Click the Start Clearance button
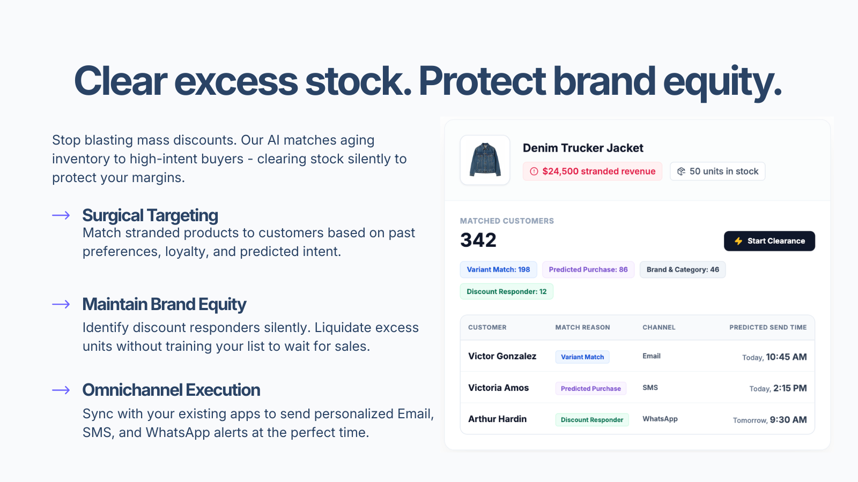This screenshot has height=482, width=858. point(769,241)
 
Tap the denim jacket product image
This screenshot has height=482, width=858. point(485,160)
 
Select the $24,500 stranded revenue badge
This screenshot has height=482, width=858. point(592,171)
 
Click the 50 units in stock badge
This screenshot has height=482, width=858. point(718,171)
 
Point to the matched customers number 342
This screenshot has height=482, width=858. point(478,240)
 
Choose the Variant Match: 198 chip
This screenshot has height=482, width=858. point(498,269)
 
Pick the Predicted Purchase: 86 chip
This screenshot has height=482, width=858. point(588,269)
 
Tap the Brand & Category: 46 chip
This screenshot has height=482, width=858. point(683,269)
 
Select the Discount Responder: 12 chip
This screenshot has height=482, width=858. point(506,291)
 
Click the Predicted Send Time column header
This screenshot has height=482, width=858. point(768,327)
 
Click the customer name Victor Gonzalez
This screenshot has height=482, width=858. point(502,356)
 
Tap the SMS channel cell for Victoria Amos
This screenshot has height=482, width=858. point(650,388)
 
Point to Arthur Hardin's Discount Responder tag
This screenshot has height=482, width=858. point(592,420)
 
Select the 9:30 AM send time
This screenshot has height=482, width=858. point(788,420)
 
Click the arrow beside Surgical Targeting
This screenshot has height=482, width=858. point(61,215)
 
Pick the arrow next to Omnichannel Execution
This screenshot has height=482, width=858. point(61,390)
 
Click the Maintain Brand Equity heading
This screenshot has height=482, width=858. point(164,305)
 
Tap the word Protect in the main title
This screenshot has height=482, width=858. point(482,81)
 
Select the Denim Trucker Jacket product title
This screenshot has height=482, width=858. point(583,148)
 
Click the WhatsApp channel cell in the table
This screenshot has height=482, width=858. point(660,419)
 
